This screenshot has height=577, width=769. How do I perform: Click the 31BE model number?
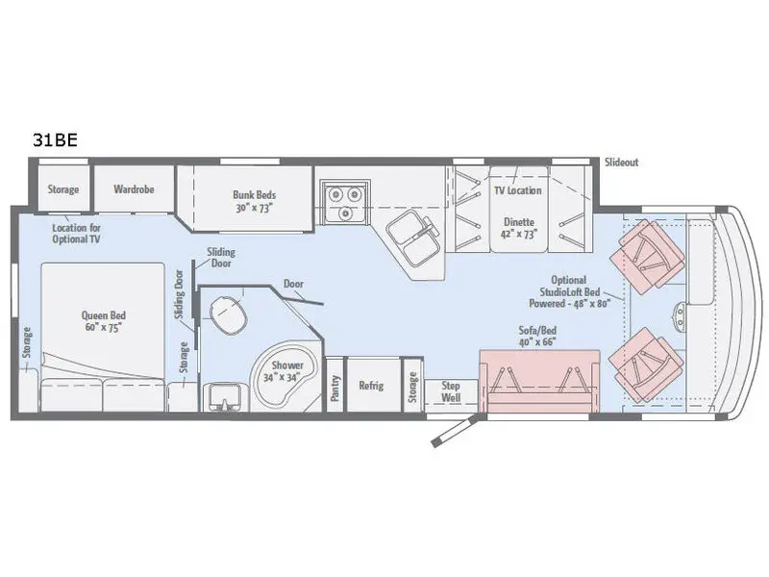pos(55,140)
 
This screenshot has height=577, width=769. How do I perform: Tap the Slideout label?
pos(621,163)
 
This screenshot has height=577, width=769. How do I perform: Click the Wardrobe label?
pos(134,188)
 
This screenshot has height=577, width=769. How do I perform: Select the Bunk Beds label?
pos(254,195)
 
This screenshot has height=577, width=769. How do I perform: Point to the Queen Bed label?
pos(104,315)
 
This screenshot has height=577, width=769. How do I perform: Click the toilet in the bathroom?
pos(228,315)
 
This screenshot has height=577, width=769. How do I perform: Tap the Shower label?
pos(287,365)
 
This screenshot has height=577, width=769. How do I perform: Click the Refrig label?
pos(371,386)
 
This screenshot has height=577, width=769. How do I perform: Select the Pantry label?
pos(335,389)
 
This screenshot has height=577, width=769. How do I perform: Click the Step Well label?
pos(451,391)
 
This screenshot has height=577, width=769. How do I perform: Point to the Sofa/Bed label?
pos(537,330)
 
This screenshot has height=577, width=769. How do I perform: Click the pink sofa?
pos(539,381)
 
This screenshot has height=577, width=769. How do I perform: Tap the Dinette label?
pos(519,222)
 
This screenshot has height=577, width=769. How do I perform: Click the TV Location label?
pos(518,190)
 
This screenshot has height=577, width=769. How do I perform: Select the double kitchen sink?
pos(413,237)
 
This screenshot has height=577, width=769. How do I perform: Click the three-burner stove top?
pos(345,202)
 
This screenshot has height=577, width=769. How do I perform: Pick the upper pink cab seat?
pos(647,254)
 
